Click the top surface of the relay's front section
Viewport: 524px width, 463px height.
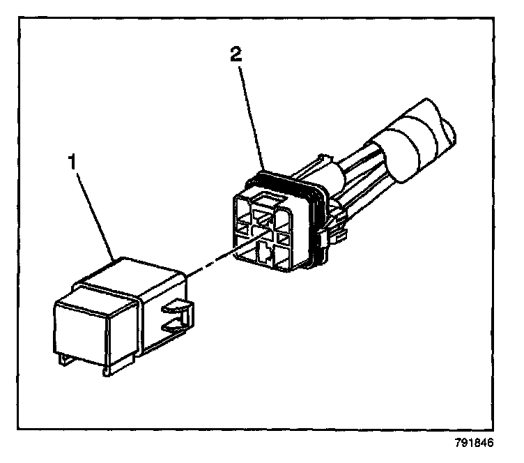(105, 285)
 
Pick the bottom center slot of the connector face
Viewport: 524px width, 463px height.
(265, 252)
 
